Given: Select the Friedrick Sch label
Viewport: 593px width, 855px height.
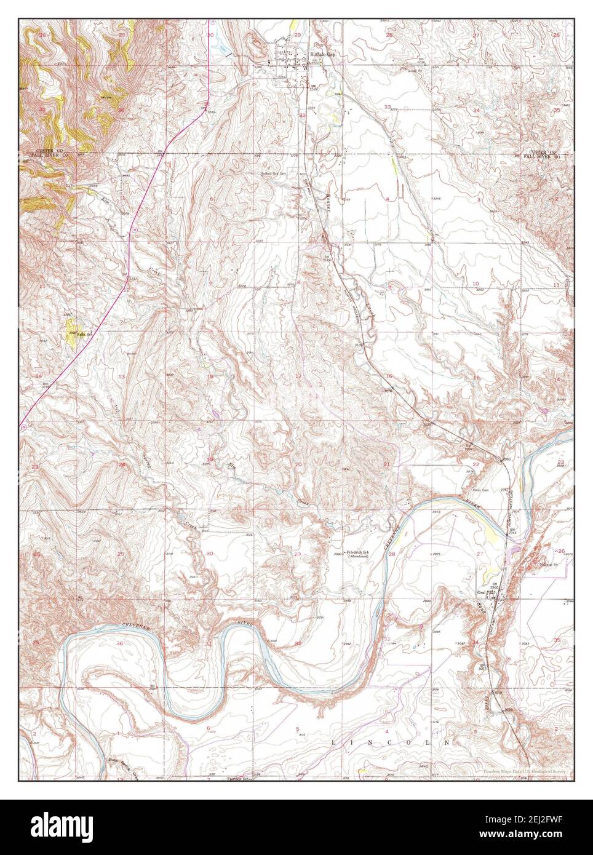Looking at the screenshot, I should pyautogui.click(x=357, y=552).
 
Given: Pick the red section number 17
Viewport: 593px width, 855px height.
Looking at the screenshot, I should pyautogui.click(x=299, y=376).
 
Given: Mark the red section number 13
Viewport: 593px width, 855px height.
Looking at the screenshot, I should pyautogui.click(x=122, y=376).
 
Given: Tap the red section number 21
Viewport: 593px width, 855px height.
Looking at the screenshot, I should pyautogui.click(x=387, y=463).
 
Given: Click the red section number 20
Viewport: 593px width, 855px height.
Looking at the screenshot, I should pyautogui.click(x=298, y=464).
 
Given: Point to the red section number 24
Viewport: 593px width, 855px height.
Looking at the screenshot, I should pyautogui.click(x=122, y=464).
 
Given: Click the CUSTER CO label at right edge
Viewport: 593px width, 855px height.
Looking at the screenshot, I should pyautogui.click(x=542, y=151).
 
